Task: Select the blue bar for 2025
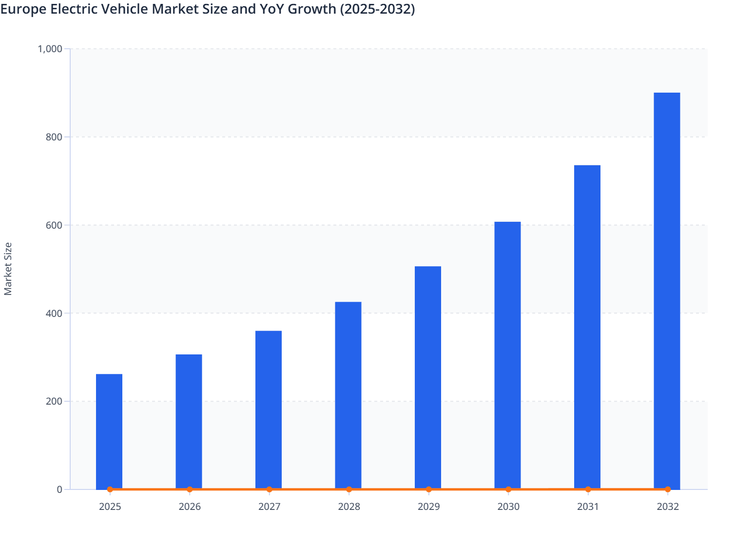[x=109, y=431]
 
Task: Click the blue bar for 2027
[x=269, y=409]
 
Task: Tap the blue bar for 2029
[x=428, y=378]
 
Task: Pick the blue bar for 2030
[x=507, y=355]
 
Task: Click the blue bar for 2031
[x=587, y=327]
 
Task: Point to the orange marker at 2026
[x=190, y=489]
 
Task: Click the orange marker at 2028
[x=349, y=489]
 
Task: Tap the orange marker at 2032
[x=668, y=489]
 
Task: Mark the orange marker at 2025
[x=110, y=489]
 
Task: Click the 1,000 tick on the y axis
[x=50, y=49]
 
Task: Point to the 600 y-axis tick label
[x=54, y=225]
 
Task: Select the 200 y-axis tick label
[x=54, y=402]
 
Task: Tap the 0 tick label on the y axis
[x=59, y=489]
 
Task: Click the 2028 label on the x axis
[x=349, y=507]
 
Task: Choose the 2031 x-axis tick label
[x=588, y=507]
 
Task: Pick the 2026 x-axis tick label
[x=190, y=507]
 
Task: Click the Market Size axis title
[x=8, y=269]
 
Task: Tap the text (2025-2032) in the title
[x=377, y=9]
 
